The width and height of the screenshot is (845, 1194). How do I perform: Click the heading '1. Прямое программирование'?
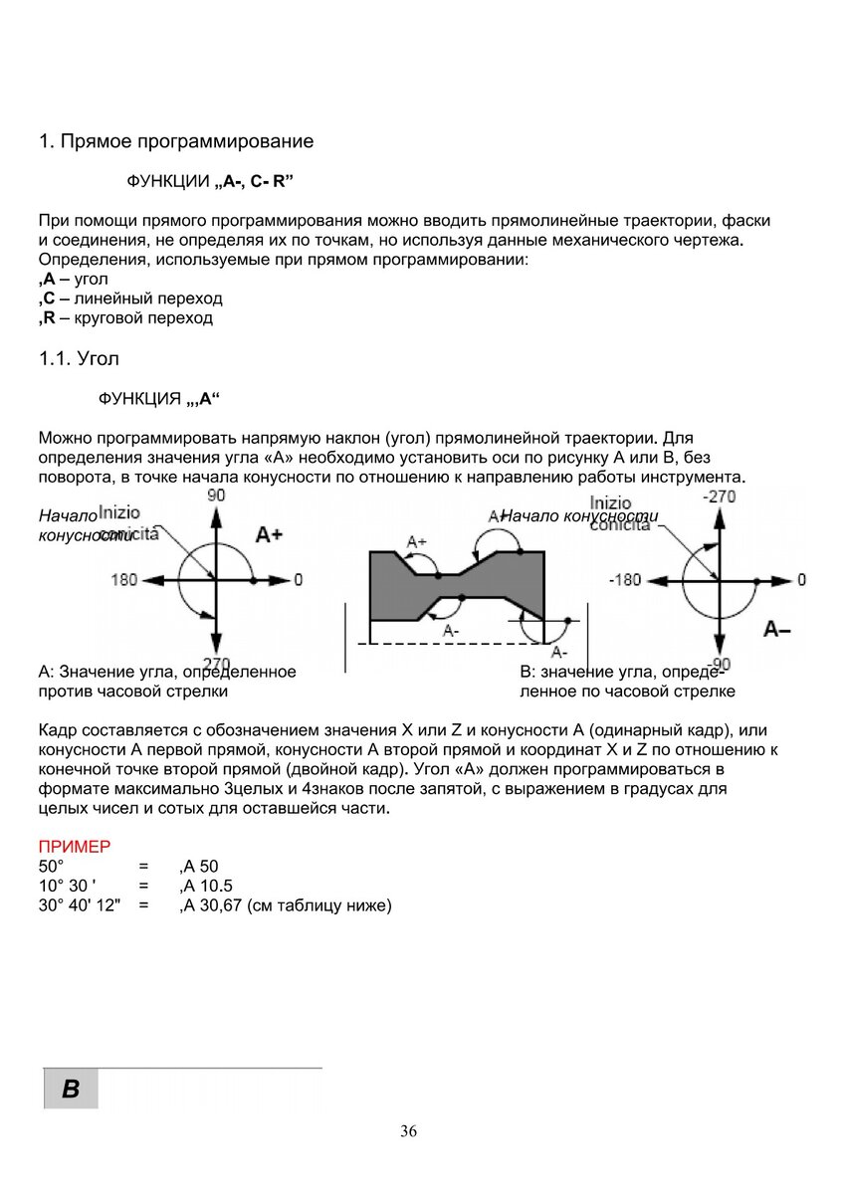pos(175,141)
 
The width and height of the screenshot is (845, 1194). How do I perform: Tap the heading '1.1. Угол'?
pos(79,358)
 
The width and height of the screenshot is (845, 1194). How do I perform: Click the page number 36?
pos(408,1131)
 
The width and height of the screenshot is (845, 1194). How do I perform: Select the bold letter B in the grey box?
pos(71,1089)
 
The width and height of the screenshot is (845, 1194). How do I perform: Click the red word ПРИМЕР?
pos(74,847)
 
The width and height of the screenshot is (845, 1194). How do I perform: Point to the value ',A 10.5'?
pos(206,886)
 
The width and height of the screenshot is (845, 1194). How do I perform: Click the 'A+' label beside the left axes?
pos(269,534)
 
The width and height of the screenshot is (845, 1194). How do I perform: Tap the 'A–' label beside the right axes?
pos(777,629)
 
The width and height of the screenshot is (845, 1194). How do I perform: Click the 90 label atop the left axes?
pos(216,495)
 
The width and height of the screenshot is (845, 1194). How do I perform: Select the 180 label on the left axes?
pos(124,579)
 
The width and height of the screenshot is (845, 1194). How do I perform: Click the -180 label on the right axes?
pos(625,579)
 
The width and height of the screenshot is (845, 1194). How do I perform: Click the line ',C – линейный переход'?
pos(130,298)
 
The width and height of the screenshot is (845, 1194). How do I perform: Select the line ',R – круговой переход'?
pos(125,318)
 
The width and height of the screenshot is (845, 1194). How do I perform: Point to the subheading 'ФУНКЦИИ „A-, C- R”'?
pos(210,182)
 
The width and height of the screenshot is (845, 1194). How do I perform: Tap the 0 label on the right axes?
pos(802,579)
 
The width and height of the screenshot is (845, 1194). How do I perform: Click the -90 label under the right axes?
pos(720,664)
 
